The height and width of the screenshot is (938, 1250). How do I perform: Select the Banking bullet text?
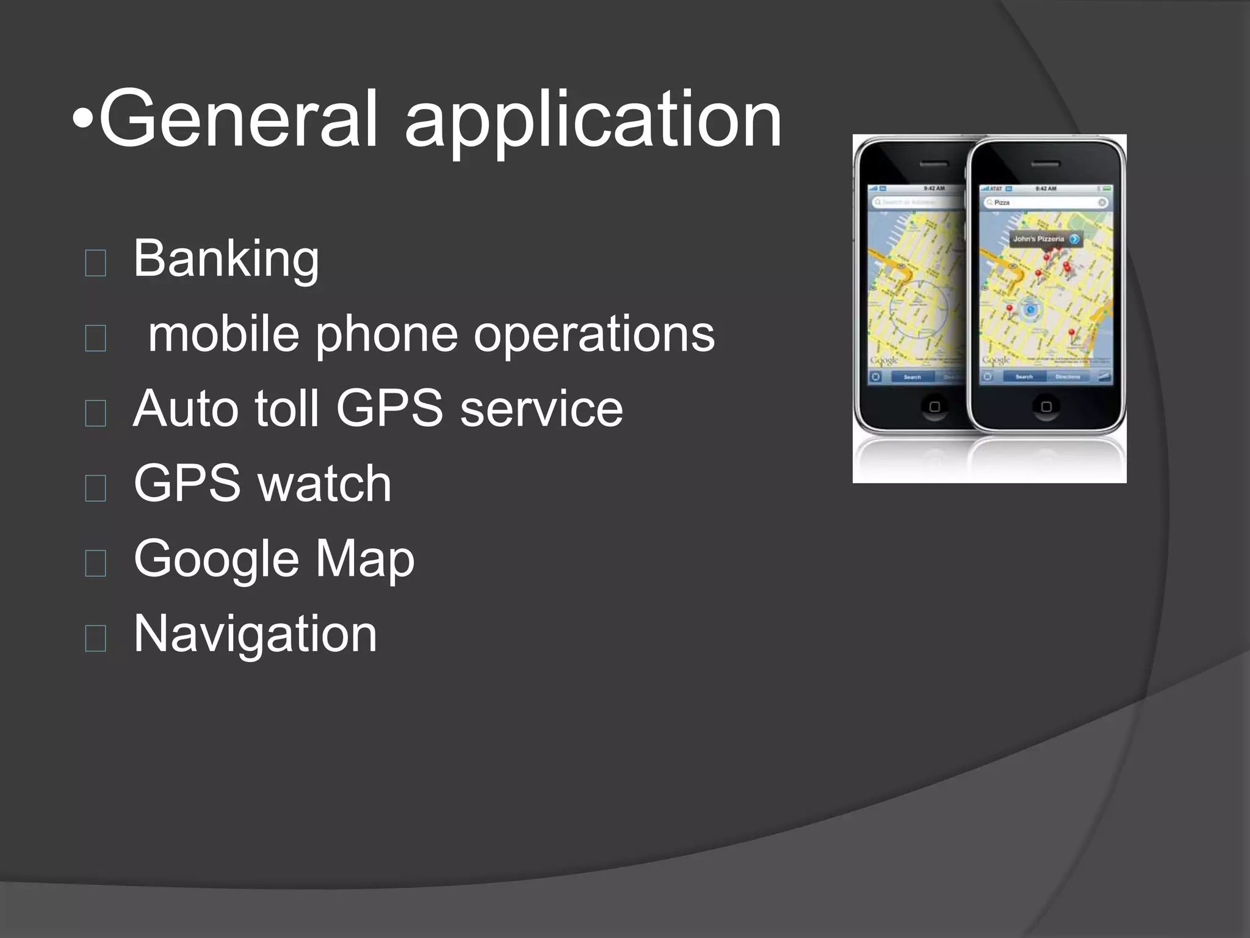226,260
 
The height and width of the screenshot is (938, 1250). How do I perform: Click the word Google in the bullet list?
216,559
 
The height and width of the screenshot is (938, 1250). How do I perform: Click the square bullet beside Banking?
96,263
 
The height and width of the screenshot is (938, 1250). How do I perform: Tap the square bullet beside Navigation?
96,638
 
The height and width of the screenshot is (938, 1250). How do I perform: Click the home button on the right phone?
1046,405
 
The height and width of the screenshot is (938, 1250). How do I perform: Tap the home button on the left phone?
934,406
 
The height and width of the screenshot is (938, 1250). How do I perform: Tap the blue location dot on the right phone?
1030,310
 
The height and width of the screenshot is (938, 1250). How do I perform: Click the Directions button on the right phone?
1068,377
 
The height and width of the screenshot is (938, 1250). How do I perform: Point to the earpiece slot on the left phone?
934,164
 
